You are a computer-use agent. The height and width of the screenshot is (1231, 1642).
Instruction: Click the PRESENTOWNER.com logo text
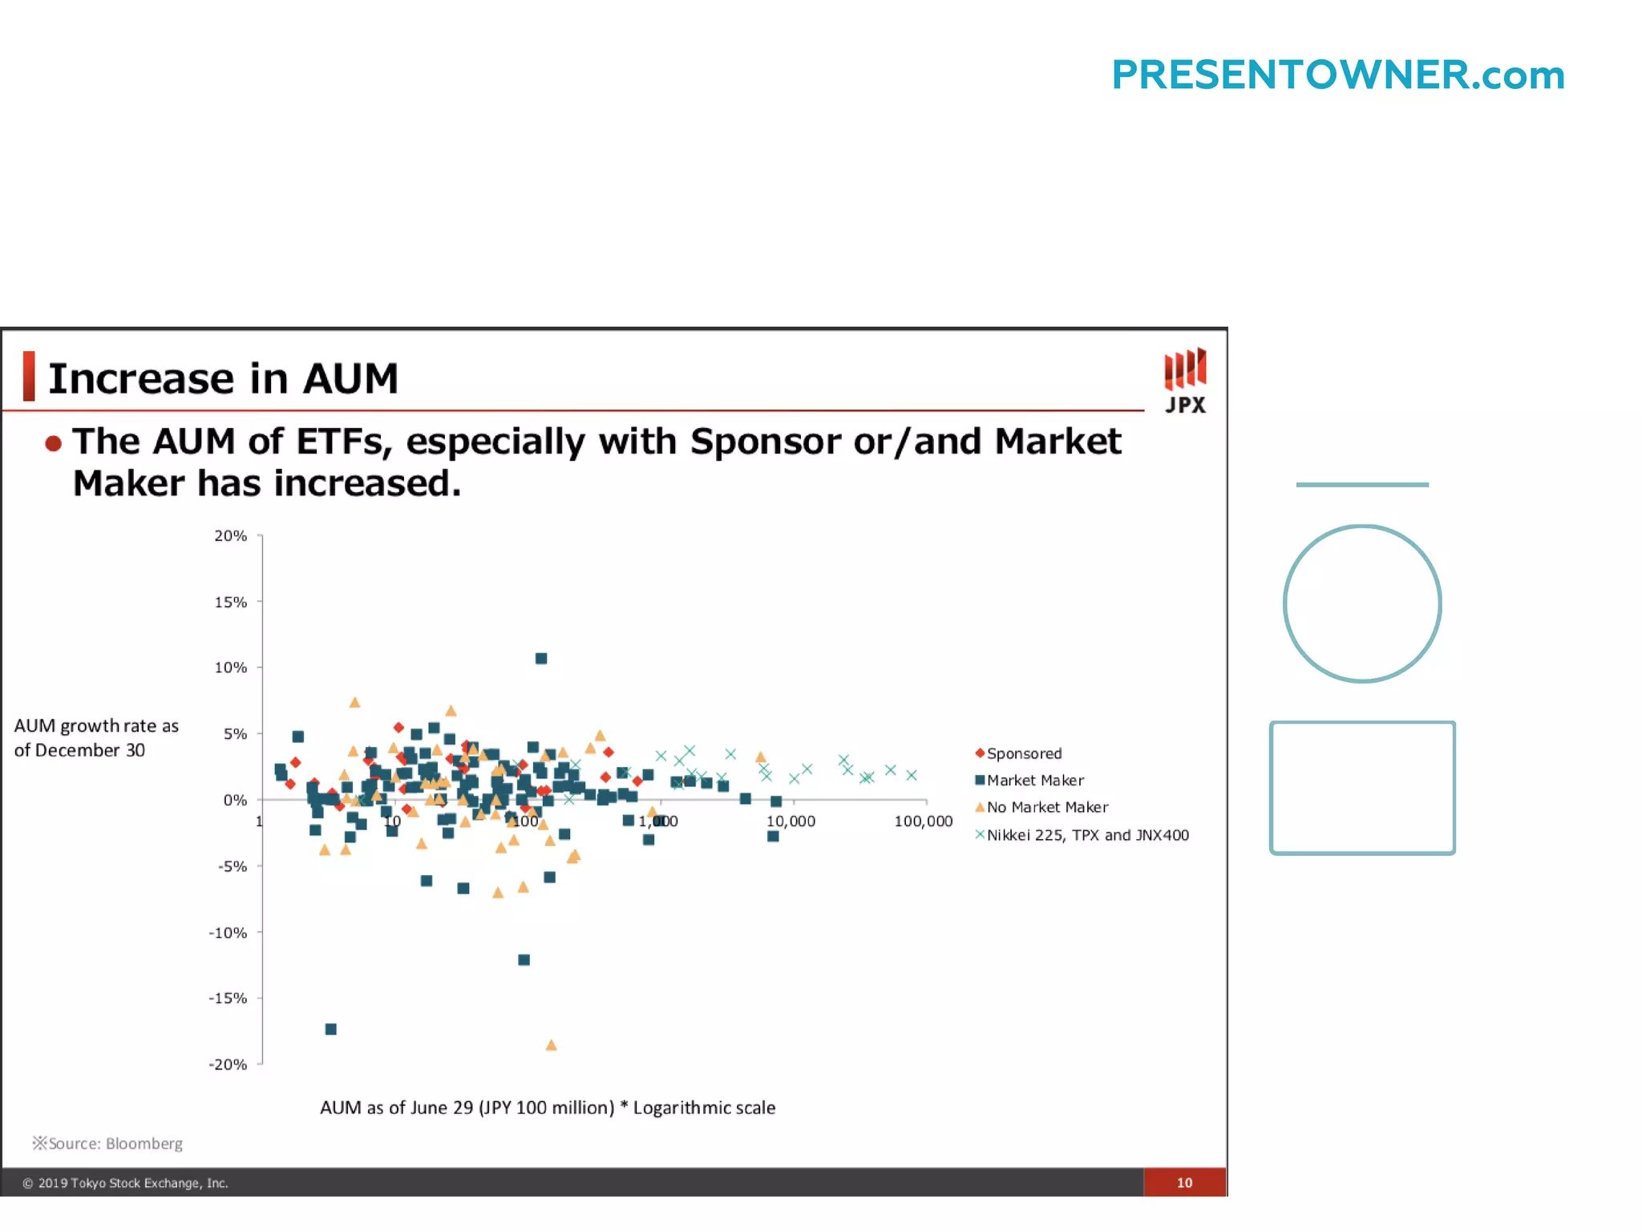(x=1337, y=75)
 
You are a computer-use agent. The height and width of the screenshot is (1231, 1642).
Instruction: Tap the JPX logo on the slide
(x=1185, y=381)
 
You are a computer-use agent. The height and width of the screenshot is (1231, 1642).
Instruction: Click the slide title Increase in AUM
(x=223, y=378)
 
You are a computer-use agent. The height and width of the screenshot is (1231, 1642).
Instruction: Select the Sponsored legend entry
(x=1023, y=753)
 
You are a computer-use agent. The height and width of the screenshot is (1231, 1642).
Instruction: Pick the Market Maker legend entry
(x=1034, y=781)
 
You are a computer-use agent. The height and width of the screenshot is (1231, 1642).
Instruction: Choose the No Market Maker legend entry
(x=1046, y=807)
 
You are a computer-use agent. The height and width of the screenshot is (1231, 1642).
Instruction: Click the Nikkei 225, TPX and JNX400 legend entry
(x=1086, y=835)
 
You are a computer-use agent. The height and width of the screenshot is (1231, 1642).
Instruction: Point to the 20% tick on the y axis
(x=230, y=535)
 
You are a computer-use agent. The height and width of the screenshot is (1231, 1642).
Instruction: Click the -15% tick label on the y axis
(x=228, y=999)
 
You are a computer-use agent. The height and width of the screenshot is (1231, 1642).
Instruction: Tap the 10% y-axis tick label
(x=230, y=668)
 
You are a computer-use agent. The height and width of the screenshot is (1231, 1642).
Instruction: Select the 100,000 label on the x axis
(x=923, y=821)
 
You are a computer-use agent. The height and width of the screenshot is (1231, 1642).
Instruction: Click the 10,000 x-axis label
(x=791, y=821)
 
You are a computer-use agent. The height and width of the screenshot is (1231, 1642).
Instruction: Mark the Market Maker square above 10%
(x=541, y=659)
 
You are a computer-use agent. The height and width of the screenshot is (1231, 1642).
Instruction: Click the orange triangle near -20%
(x=551, y=1045)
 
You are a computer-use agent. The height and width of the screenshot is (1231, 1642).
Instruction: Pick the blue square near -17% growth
(x=331, y=1029)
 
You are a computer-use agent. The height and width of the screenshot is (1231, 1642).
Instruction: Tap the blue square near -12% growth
(x=524, y=960)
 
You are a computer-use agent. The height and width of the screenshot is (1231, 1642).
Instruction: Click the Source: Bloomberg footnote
(x=108, y=1144)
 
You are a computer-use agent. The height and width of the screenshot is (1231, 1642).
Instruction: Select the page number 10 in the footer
(x=1184, y=1183)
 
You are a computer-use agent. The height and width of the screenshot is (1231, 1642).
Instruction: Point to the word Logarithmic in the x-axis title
(x=682, y=1108)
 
